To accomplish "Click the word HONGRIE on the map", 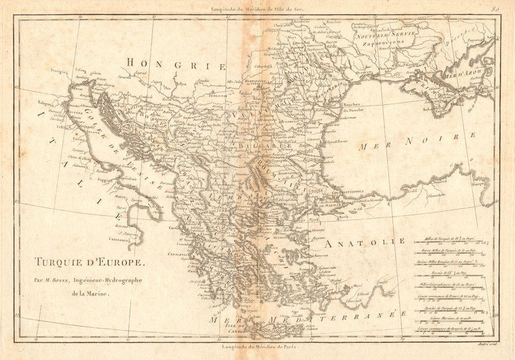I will click(x=176, y=64).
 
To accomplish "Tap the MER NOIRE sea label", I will click(x=417, y=142).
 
